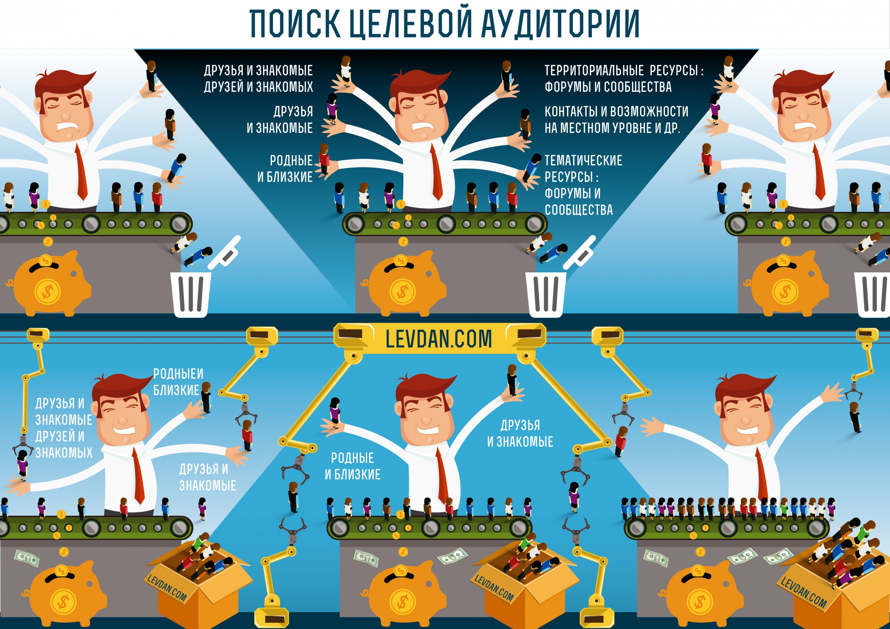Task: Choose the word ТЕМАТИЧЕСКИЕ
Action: [583, 161]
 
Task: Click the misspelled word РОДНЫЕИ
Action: [178, 374]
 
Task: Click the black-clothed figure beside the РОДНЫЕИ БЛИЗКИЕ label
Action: [206, 398]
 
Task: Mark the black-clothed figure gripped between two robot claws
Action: [293, 497]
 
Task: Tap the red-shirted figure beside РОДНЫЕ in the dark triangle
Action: [324, 159]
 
